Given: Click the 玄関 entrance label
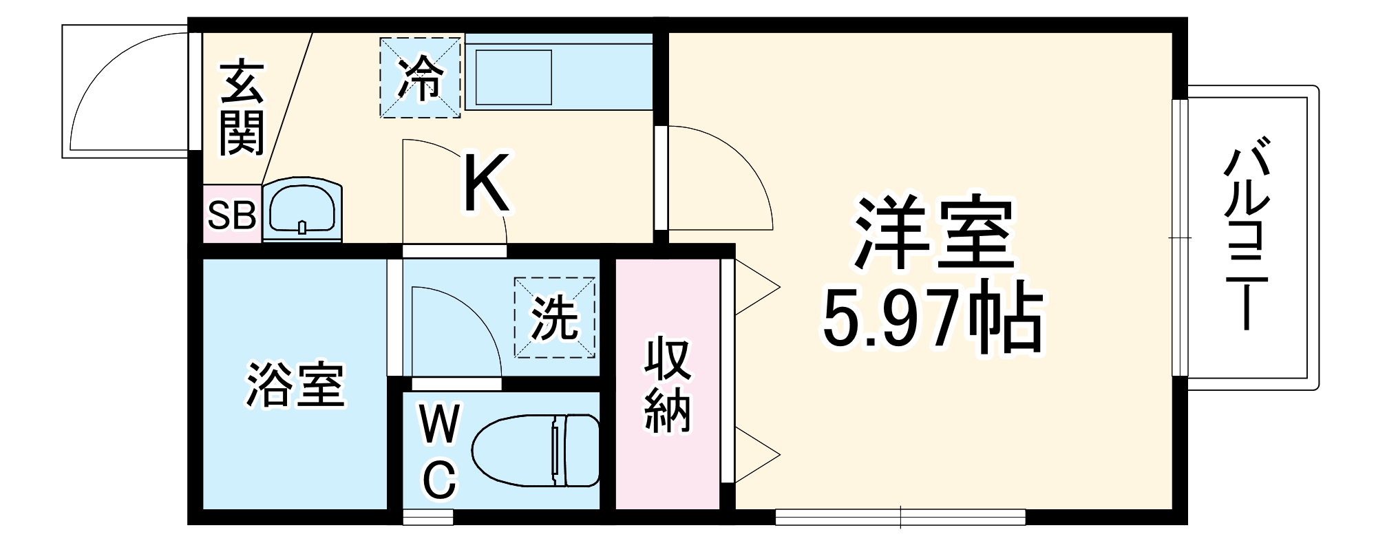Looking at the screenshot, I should click(x=242, y=108).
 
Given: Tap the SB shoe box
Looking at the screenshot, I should click(x=232, y=215).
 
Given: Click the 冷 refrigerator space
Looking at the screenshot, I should click(x=421, y=77).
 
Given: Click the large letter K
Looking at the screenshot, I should click(x=486, y=183).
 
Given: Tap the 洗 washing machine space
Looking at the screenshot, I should click(x=554, y=318).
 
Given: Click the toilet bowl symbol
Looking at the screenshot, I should click(x=533, y=450).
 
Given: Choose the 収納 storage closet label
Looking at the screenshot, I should click(x=666, y=385).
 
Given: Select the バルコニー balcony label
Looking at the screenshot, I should click(x=1247, y=235).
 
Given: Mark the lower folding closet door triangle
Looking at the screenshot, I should click(x=757, y=454).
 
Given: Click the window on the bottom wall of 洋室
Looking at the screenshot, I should click(x=900, y=517).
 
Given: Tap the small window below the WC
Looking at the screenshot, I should click(x=427, y=517).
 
